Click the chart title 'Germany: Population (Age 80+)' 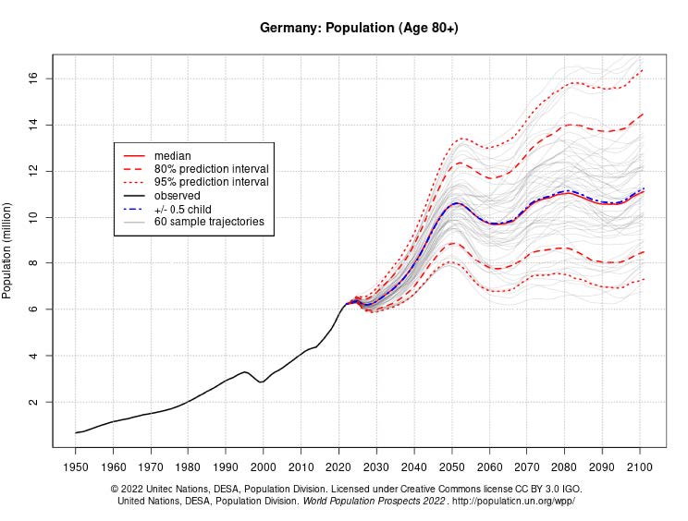359,28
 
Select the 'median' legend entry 173,156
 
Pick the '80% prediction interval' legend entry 211,169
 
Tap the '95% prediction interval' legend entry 211,182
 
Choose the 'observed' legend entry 178,196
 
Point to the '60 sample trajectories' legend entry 209,222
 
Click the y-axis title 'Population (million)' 8,249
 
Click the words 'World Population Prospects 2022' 374,502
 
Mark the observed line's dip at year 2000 263,382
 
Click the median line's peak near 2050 456,202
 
